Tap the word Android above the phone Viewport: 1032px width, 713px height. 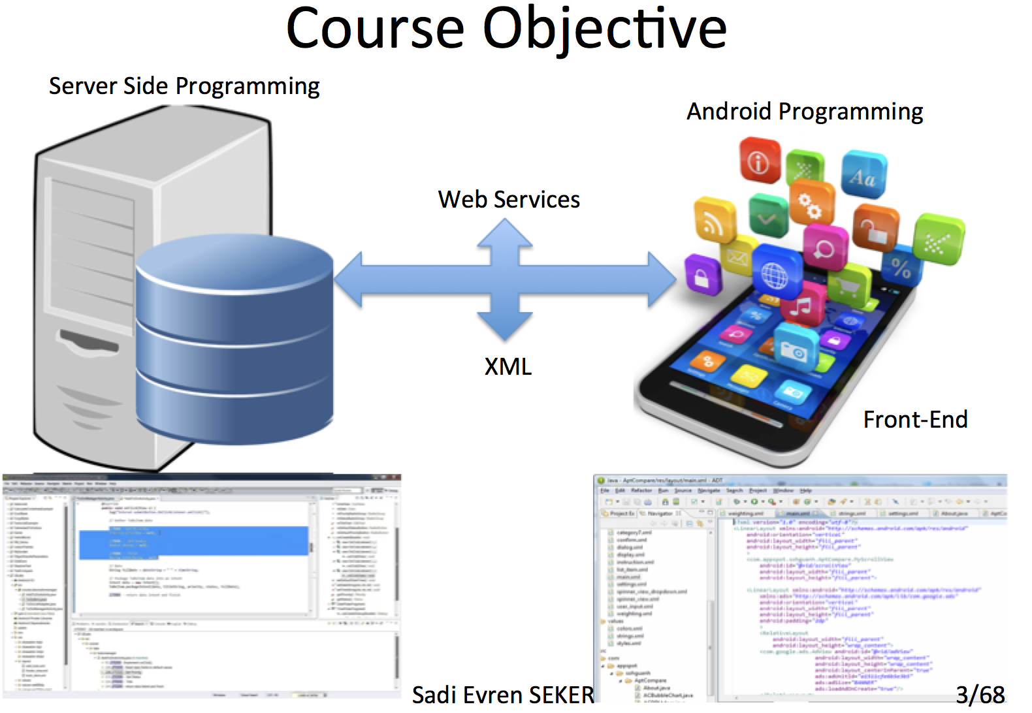click(x=728, y=112)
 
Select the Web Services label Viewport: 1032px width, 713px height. click(x=509, y=200)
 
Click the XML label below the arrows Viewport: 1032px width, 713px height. click(x=508, y=367)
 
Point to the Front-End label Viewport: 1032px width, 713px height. click(x=915, y=420)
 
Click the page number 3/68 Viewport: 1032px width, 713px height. click(x=980, y=695)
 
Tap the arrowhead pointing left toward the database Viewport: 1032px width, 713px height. click(x=350, y=279)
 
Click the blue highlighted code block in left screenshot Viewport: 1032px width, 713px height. click(x=193, y=543)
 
